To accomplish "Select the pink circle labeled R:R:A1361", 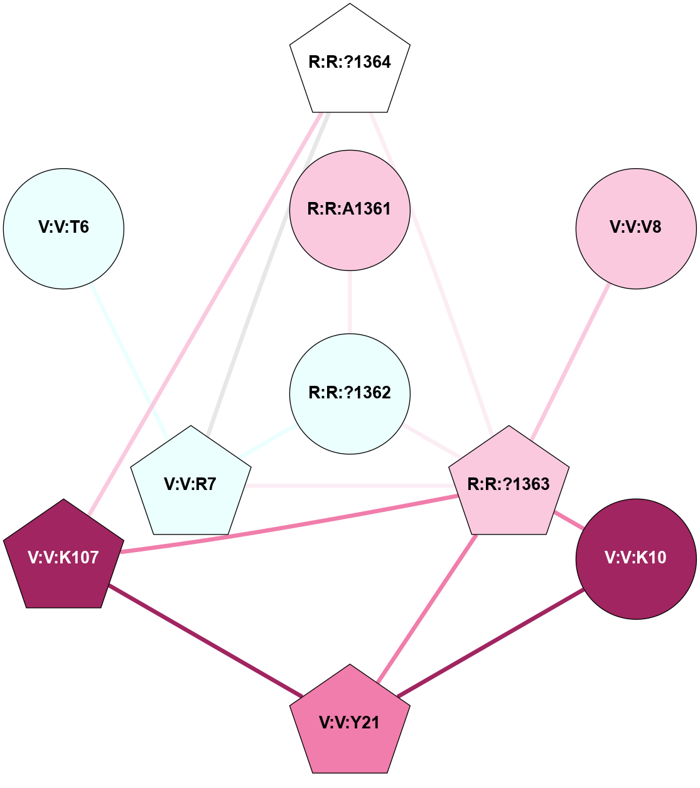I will [x=350, y=210].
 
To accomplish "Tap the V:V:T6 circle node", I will [x=63, y=228].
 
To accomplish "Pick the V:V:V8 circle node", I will [x=636, y=228].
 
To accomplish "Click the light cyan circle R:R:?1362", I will [x=350, y=393].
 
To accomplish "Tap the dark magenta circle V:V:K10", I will [x=636, y=558].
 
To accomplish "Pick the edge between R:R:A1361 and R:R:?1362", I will [x=350, y=302].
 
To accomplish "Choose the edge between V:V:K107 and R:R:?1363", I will [x=289, y=524].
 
